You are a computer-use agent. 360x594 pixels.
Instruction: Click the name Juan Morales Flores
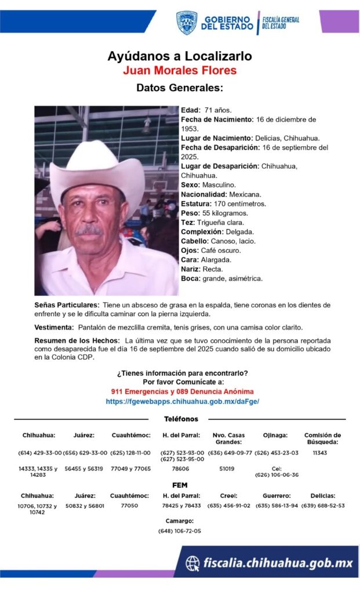tap(180, 71)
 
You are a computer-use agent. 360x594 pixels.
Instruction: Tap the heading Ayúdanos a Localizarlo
tap(180, 56)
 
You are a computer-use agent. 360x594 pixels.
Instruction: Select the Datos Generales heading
tap(180, 88)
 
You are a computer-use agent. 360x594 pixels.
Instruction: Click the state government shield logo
tap(187, 23)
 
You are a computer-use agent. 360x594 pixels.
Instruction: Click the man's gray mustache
tap(90, 230)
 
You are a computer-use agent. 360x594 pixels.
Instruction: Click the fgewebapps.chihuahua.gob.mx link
tap(182, 401)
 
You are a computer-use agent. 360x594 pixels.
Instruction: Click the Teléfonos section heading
tap(181, 419)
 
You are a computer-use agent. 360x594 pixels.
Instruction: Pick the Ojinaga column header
tap(275, 435)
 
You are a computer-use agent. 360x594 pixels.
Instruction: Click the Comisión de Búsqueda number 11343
tap(319, 452)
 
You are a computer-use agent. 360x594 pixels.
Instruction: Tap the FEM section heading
tap(180, 485)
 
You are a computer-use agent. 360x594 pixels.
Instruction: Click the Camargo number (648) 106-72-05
tap(179, 531)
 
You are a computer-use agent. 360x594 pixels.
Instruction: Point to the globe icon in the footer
tap(192, 563)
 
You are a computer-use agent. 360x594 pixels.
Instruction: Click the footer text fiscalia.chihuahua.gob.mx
tap(277, 563)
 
